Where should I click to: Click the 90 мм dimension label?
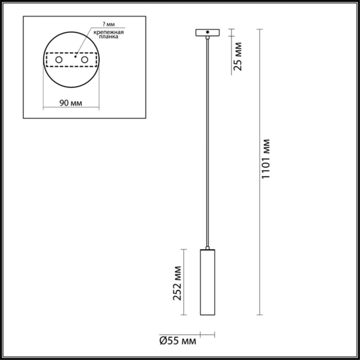[71, 103]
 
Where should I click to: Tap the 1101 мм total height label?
[266, 159]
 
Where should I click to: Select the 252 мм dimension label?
[178, 283]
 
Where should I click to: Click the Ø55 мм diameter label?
[177, 341]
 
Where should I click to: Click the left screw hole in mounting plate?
[59, 60]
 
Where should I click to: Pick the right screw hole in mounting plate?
[85, 60]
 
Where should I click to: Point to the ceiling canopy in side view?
[207, 32]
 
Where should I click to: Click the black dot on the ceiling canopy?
[207, 31]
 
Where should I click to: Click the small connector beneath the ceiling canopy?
[207, 38]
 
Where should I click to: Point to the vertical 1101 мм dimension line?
[259, 225]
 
